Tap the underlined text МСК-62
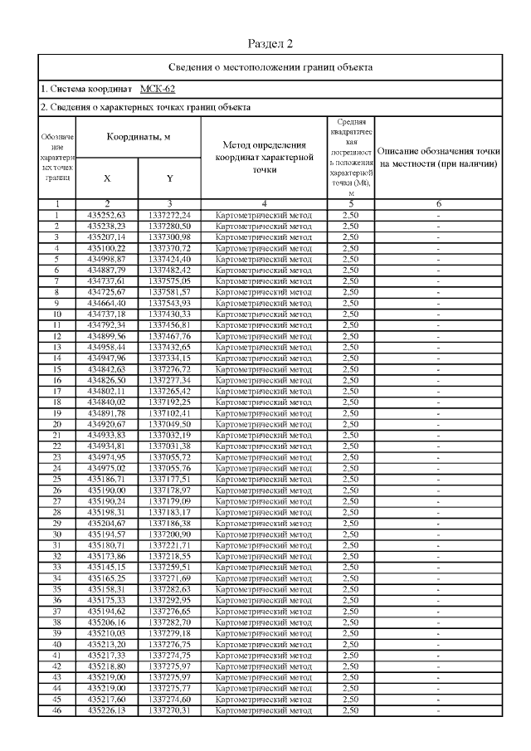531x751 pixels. coord(158,89)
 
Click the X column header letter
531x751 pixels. coord(107,178)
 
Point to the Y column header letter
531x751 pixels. coord(169,178)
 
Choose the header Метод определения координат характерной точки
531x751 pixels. coord(263,156)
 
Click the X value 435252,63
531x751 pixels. coord(107,215)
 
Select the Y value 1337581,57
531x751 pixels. coord(169,290)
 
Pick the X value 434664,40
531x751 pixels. coord(107,301)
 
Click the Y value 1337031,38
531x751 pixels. coord(169,446)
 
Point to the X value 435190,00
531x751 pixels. coord(107,490)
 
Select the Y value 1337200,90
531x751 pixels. coord(169,534)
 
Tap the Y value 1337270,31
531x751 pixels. coord(169,710)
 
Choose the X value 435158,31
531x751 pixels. coord(107,588)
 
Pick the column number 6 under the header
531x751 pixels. coord(438,203)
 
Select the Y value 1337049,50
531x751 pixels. coord(169,423)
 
